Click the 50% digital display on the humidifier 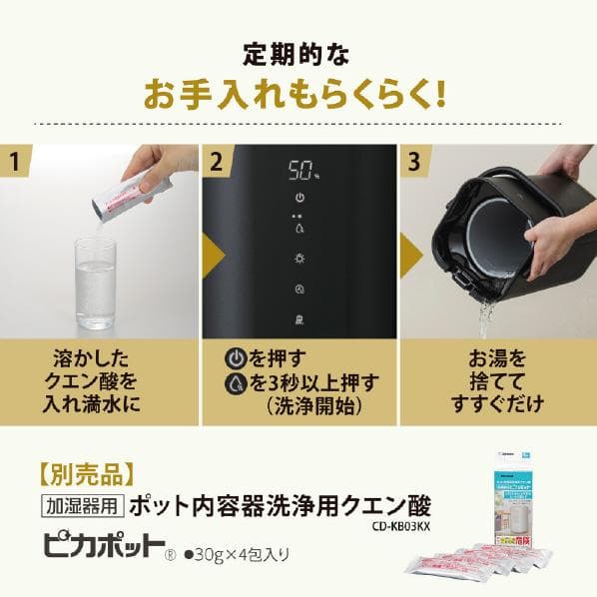click(x=298, y=171)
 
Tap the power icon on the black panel click(x=298, y=199)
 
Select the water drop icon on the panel click(x=298, y=227)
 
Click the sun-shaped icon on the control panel click(x=298, y=259)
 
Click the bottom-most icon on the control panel click(x=298, y=319)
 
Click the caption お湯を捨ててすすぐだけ click(x=496, y=379)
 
